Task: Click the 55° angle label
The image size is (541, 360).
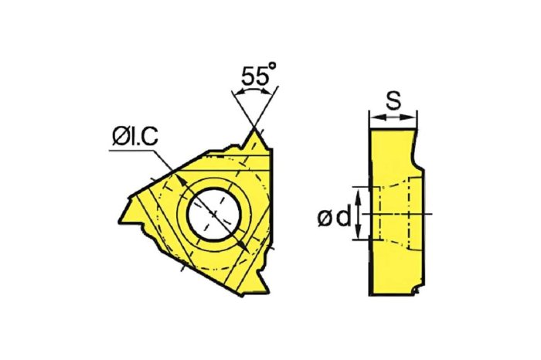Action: [x=258, y=74]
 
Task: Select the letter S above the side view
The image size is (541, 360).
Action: [x=393, y=100]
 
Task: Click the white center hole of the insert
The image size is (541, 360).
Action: [x=214, y=215]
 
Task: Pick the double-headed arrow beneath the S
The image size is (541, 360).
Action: [x=393, y=117]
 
